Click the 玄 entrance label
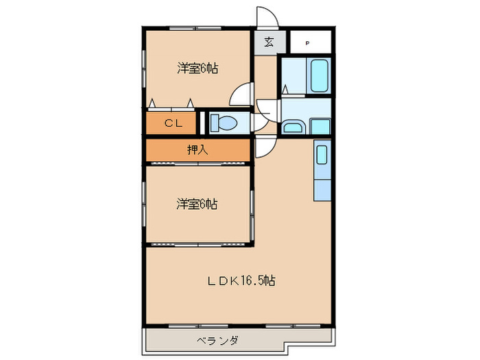268,42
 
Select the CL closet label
171,123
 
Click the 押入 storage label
197,149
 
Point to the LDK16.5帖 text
242,280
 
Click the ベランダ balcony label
219,341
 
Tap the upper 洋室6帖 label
197,68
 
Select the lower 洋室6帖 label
197,204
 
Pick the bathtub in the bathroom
320,77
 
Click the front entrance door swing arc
265,18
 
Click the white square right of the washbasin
320,126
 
